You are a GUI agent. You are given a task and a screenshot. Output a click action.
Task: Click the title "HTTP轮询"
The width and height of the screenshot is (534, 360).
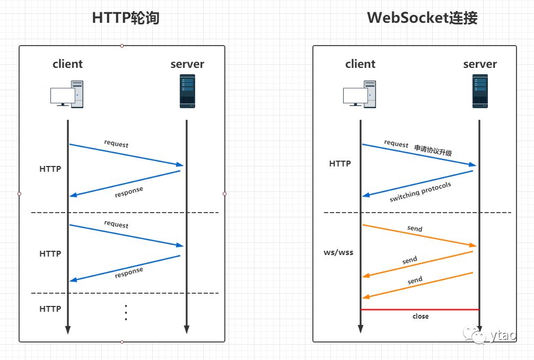(126, 18)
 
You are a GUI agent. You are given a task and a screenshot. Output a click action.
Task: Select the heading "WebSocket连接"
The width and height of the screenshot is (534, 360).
(422, 18)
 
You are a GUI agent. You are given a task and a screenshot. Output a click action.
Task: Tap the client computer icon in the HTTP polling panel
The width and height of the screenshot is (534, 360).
(67, 94)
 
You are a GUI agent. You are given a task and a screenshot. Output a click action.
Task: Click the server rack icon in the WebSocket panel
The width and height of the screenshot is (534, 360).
(480, 91)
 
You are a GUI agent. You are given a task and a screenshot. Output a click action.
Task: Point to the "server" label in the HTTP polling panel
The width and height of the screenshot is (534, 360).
(187, 64)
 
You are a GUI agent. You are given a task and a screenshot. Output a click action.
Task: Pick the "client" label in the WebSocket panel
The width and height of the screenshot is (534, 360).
(360, 64)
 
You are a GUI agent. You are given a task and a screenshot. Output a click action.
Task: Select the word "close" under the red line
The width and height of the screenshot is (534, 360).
(420, 317)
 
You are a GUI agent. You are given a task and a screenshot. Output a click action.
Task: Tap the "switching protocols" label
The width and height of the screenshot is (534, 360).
(420, 192)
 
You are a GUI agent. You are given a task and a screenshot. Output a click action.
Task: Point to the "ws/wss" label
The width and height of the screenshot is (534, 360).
(338, 252)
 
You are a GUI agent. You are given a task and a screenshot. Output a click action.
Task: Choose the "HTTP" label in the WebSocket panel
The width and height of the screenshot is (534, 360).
(340, 164)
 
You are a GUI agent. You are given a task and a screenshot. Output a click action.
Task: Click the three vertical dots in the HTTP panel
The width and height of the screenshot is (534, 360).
(126, 313)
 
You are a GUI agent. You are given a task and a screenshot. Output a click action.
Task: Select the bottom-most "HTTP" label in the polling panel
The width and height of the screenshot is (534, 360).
(50, 309)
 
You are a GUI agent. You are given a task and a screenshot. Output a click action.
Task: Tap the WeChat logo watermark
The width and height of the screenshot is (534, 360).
(474, 335)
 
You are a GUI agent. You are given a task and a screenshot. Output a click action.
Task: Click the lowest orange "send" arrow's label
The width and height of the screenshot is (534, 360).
(415, 280)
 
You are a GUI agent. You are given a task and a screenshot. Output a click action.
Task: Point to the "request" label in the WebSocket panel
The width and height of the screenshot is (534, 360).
(396, 144)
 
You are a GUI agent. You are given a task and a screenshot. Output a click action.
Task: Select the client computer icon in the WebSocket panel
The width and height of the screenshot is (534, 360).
(360, 94)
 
